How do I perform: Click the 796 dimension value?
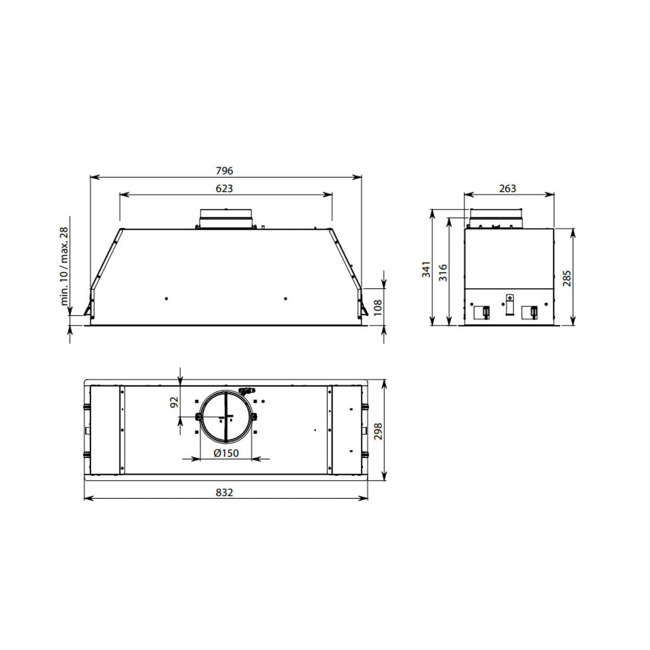(224, 171)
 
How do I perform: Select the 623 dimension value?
(224, 188)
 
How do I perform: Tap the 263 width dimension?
(508, 188)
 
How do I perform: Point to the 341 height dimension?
(426, 269)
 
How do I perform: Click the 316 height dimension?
(443, 271)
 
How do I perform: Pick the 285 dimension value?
(567, 277)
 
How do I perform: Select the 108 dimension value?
(378, 307)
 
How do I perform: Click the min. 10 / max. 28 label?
(64, 266)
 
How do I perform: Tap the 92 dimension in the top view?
(174, 402)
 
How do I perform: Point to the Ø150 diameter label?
(226, 453)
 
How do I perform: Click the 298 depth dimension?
(378, 431)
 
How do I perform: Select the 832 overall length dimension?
(224, 492)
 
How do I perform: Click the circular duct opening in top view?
(225, 416)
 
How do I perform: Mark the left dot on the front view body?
(166, 298)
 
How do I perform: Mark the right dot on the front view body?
(285, 298)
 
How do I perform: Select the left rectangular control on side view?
(481, 312)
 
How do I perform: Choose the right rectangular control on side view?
(529, 312)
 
